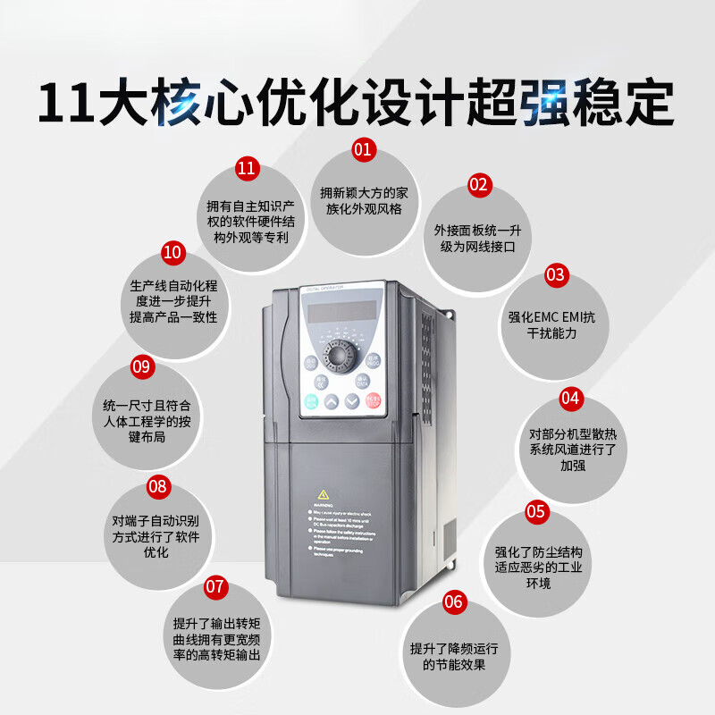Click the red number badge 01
(x=362, y=149)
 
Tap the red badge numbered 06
(x=454, y=601)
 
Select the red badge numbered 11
(x=246, y=168)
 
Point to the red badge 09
(x=142, y=366)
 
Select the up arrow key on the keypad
(x=332, y=401)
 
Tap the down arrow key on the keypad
(x=352, y=401)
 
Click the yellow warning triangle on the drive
(x=322, y=495)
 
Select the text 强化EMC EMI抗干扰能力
(x=556, y=324)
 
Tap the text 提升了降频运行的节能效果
(x=454, y=656)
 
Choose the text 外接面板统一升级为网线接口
(x=477, y=238)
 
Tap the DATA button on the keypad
(x=362, y=382)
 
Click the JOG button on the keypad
(x=311, y=363)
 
